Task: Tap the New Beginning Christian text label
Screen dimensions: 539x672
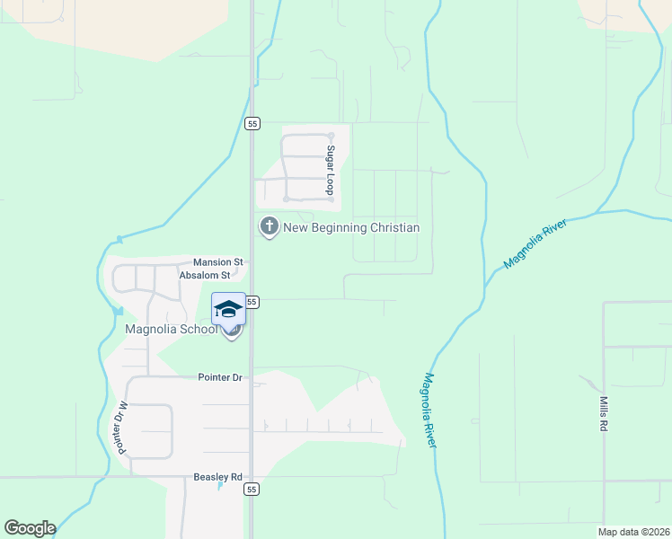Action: pyautogui.click(x=351, y=227)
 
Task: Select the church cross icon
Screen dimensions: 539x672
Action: pyautogui.click(x=269, y=226)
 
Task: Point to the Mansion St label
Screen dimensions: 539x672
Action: pyautogui.click(x=218, y=262)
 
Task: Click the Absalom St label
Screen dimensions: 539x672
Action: pyautogui.click(x=211, y=276)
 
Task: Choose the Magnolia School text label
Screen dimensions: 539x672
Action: pyautogui.click(x=171, y=329)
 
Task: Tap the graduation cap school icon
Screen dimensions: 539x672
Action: pyautogui.click(x=228, y=310)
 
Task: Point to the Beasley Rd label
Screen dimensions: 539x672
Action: pyautogui.click(x=218, y=477)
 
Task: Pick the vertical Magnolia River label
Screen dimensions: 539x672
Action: pyautogui.click(x=429, y=411)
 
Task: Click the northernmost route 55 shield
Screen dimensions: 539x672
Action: pyautogui.click(x=252, y=123)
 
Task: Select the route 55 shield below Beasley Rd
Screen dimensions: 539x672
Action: pyautogui.click(x=252, y=490)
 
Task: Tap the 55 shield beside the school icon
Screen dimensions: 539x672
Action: pyautogui.click(x=252, y=303)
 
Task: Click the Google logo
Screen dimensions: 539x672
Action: pyautogui.click(x=30, y=528)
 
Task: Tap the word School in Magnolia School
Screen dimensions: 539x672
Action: pyautogui.click(x=198, y=329)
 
